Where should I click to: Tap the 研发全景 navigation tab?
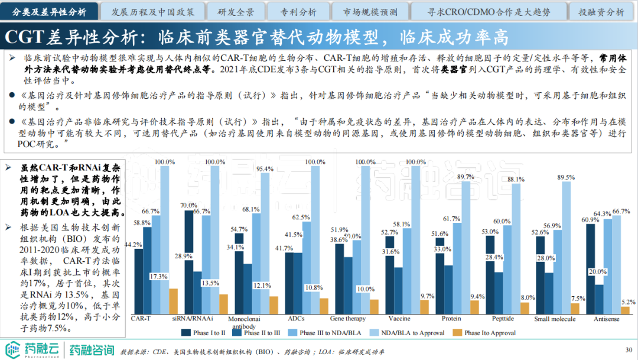coord(236,11)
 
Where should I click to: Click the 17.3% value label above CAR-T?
coord(157,277)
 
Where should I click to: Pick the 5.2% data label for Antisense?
coord(629,301)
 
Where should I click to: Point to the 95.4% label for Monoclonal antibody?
coord(265,169)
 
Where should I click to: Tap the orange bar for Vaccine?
coord(424,307)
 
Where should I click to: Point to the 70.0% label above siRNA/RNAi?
coord(189,205)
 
